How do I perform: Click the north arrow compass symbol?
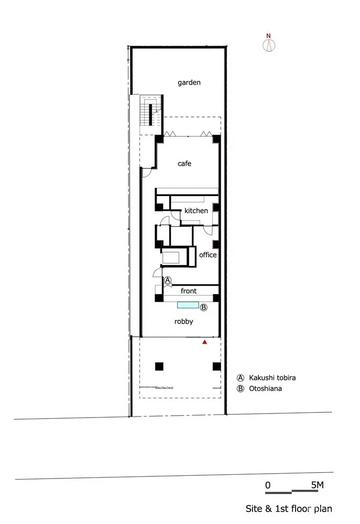[x=269, y=44]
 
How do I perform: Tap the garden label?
[x=189, y=82]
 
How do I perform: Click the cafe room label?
[x=184, y=163]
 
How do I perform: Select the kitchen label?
[x=196, y=211]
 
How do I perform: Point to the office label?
[x=208, y=255]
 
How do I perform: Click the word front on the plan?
[x=189, y=290]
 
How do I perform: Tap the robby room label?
[x=183, y=321]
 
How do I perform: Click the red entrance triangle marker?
[x=205, y=342]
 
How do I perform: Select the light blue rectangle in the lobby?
[x=188, y=305]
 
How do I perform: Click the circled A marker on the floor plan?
[x=168, y=280]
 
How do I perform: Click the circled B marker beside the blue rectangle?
[x=204, y=308]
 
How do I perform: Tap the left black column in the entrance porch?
[x=159, y=366]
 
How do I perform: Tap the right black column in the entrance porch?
[x=215, y=366]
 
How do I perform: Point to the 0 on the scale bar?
[x=267, y=485]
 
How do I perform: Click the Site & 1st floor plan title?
[x=289, y=508]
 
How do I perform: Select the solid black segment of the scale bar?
[x=279, y=493]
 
